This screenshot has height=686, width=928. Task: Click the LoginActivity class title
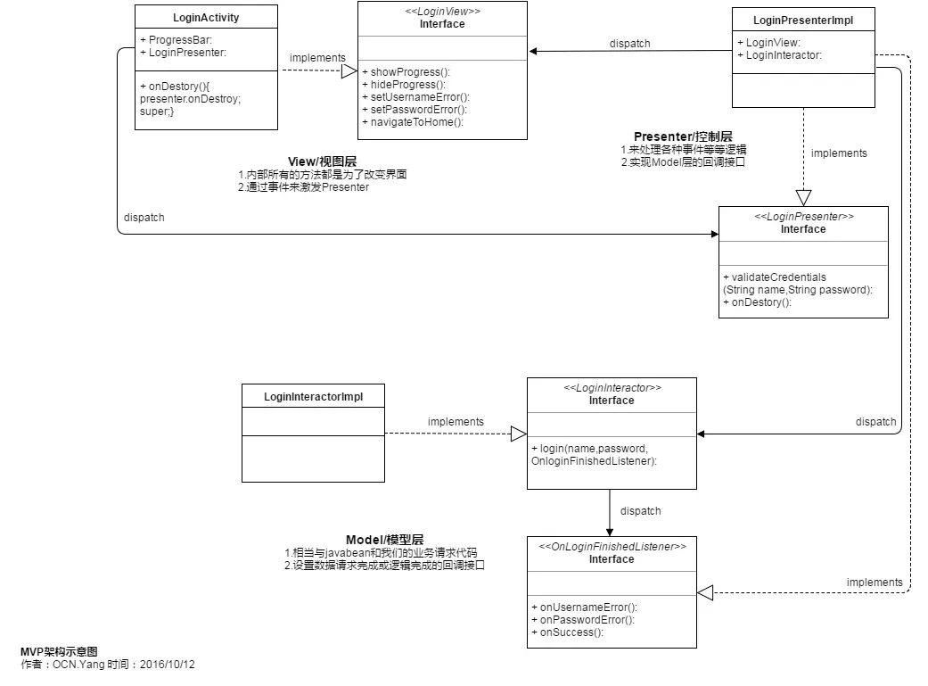click(206, 17)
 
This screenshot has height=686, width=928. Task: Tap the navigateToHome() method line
click(413, 122)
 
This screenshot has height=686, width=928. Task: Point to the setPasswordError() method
click(414, 110)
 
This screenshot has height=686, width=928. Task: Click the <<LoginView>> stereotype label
click(442, 12)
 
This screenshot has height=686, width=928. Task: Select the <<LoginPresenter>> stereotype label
click(803, 217)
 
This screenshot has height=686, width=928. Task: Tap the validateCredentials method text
click(776, 277)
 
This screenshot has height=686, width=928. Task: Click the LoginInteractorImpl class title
click(313, 395)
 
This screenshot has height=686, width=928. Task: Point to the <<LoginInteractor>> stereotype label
click(612, 388)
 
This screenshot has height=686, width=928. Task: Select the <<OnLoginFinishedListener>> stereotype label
click(612, 546)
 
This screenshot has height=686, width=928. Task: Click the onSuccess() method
click(567, 632)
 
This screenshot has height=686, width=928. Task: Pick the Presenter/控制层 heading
click(683, 136)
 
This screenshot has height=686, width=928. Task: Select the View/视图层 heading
click(322, 161)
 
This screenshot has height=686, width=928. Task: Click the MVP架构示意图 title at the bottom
click(59, 652)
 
